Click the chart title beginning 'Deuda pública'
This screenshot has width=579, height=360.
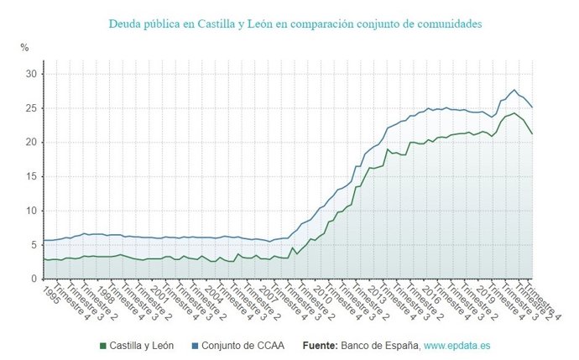click(295, 24)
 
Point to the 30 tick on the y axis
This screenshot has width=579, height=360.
click(30, 74)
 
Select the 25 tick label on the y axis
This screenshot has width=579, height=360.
click(30, 108)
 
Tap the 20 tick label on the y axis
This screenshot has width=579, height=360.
click(30, 143)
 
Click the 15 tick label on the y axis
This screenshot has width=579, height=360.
click(30, 177)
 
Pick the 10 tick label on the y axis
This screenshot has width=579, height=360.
click(30, 211)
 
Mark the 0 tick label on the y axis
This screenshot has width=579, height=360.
click(34, 279)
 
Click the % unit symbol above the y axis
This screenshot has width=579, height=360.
click(24, 48)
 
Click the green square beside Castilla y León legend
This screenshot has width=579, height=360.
click(103, 345)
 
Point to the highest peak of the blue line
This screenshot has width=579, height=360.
click(514, 90)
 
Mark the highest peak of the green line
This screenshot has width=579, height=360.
click(514, 112)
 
